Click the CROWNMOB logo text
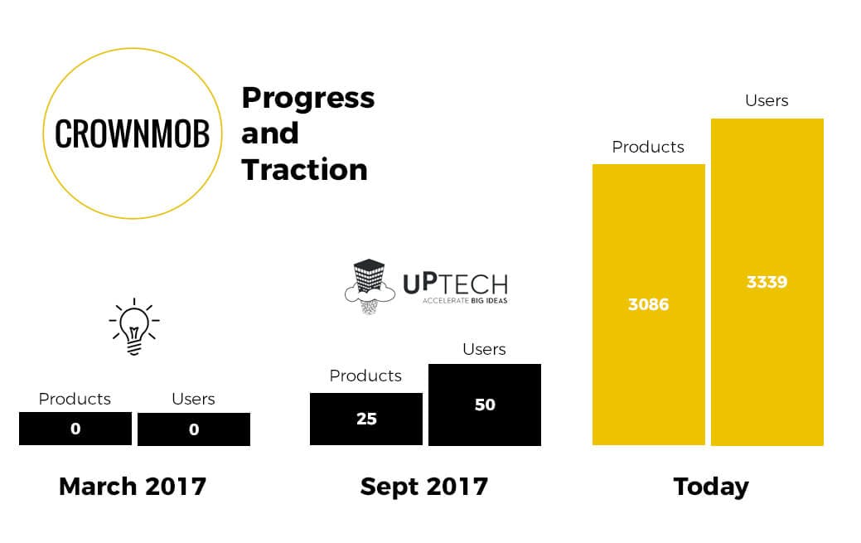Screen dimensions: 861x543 point(133,133)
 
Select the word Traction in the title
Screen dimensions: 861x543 point(305,169)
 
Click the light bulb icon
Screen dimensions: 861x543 point(134,327)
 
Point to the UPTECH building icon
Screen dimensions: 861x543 point(370,286)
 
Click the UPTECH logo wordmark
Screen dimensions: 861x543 point(456,284)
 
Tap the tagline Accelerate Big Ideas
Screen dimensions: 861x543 point(465,301)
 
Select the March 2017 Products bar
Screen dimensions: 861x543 point(75,429)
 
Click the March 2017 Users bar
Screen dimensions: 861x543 point(194,429)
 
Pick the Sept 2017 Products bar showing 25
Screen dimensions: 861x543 point(366,419)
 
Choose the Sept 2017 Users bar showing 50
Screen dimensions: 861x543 point(485,405)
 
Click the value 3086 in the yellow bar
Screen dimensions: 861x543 point(649,304)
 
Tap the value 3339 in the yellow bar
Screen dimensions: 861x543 point(767,282)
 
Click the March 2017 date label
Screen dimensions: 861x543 point(133,487)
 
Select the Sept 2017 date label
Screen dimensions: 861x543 point(424,487)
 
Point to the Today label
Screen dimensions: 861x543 point(711,487)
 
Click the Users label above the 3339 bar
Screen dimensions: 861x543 point(767,100)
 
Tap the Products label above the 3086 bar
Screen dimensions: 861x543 point(648,147)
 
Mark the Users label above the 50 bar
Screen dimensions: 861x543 point(484,349)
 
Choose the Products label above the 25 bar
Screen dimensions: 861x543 point(365,376)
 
